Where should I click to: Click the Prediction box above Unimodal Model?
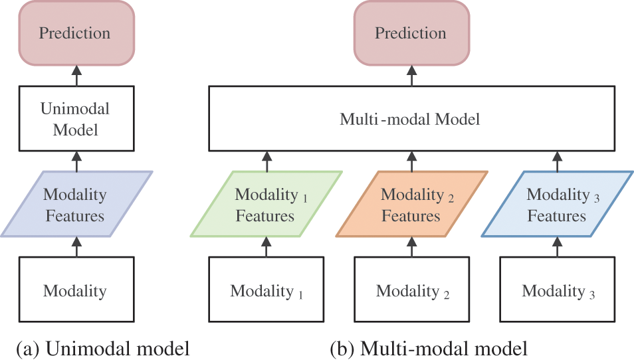(x=75, y=33)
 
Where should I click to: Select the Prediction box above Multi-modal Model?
(x=411, y=33)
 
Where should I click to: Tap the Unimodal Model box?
(x=75, y=119)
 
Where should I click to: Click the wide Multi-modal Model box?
(x=411, y=119)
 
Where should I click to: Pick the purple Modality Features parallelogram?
(x=75, y=204)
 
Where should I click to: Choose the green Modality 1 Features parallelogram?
(x=266, y=204)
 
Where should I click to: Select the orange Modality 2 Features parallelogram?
(x=411, y=204)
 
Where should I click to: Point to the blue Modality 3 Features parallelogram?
(x=557, y=204)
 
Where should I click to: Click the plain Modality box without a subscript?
(x=75, y=290)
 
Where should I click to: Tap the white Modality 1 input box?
(x=266, y=290)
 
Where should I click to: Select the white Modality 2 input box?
(x=411, y=290)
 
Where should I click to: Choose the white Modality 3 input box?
(x=557, y=290)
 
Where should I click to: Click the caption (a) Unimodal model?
(x=103, y=347)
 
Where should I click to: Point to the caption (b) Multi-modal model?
(x=429, y=347)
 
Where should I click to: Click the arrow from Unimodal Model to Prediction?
(x=75, y=76)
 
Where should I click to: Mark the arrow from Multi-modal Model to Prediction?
(x=411, y=76)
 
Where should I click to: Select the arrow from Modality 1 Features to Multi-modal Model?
(x=266, y=161)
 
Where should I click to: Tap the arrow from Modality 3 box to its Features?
(x=557, y=247)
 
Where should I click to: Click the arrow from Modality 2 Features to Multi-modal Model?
(x=411, y=161)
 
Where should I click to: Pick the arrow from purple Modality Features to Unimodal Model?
(x=75, y=161)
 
